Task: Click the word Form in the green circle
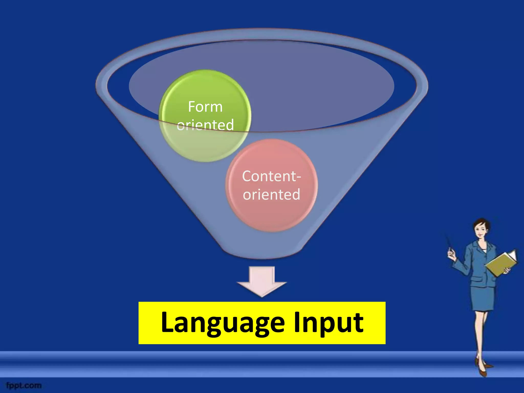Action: pyautogui.click(x=205, y=107)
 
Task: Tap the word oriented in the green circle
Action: pyautogui.click(x=205, y=125)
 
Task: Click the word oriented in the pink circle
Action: pyautogui.click(x=271, y=194)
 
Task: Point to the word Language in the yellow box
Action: pyautogui.click(x=223, y=323)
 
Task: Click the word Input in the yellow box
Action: pyautogui.click(x=329, y=323)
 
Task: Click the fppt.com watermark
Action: pyautogui.click(x=24, y=385)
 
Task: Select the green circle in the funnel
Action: pyautogui.click(x=205, y=143)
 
